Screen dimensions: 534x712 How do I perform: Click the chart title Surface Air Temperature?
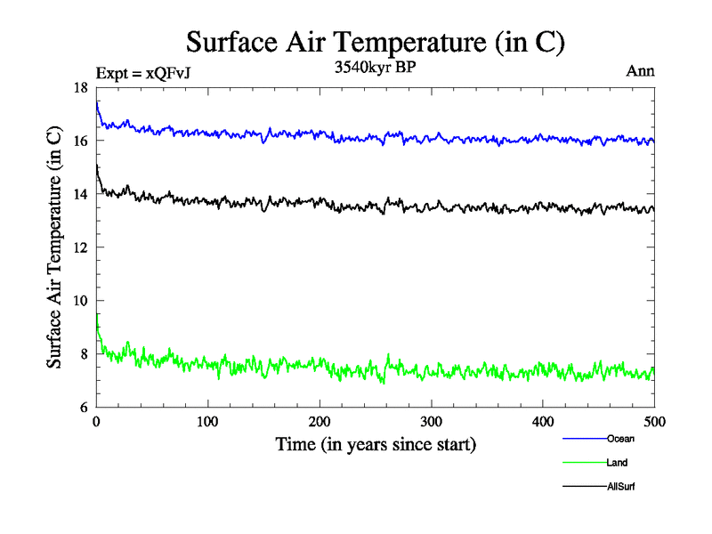point(375,42)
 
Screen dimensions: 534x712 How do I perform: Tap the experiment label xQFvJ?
point(142,74)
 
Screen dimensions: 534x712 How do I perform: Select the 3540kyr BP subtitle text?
point(374,68)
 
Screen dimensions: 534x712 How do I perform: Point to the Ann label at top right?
point(641,71)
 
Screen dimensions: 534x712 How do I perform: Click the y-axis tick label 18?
point(80,87)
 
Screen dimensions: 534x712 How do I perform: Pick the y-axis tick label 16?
point(80,141)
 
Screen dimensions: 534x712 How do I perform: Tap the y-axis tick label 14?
point(80,194)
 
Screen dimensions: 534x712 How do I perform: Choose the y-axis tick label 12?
point(80,247)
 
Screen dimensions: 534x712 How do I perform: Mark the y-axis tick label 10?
point(80,301)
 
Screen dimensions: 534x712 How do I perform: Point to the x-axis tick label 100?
point(207,421)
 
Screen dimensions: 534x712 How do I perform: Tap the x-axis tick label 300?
point(431,421)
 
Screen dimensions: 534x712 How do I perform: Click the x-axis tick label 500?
point(654,421)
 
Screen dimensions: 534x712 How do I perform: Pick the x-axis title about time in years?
point(375,444)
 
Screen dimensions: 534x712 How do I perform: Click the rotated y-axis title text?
point(55,247)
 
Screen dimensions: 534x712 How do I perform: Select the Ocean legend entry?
point(620,439)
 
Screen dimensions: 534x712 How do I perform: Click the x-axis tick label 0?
point(96,421)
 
